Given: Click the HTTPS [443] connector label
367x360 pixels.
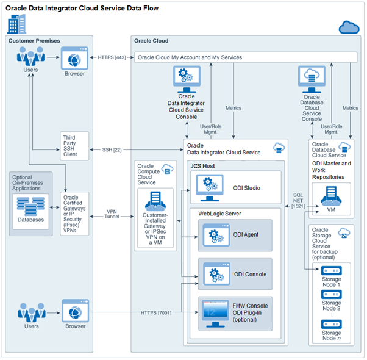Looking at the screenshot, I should click(x=112, y=57).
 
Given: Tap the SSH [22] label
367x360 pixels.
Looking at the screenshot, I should click(x=112, y=149).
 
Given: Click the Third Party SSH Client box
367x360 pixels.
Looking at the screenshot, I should click(x=75, y=147).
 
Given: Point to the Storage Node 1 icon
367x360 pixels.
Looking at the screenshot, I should click(x=331, y=271).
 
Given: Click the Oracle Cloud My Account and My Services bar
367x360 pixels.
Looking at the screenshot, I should click(x=244, y=57).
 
